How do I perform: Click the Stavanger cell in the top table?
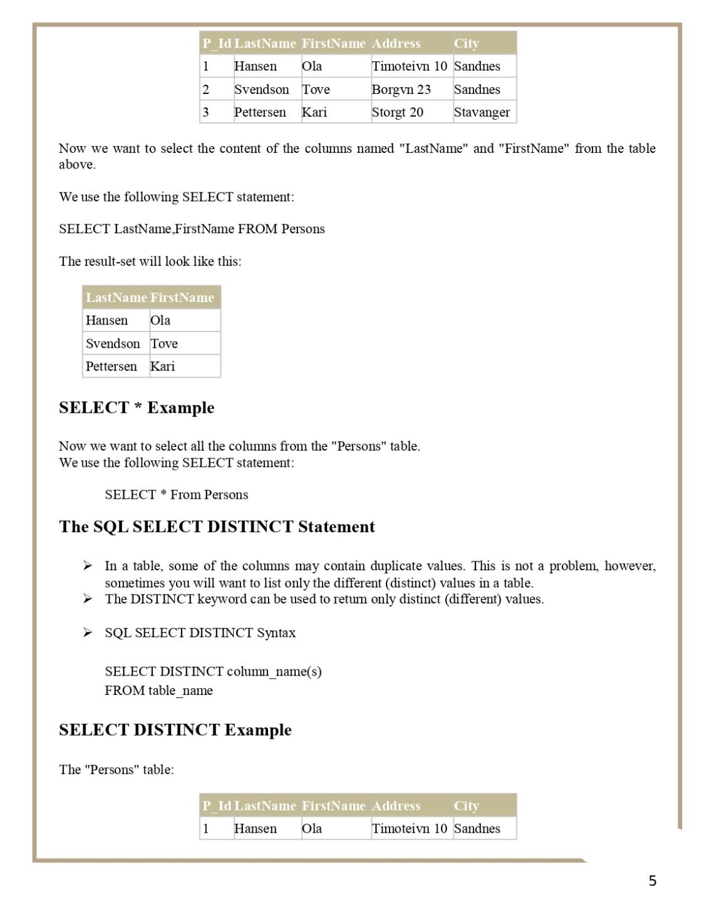482,112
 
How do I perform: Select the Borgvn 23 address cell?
401,90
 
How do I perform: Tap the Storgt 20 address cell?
397,112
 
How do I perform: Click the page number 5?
652,881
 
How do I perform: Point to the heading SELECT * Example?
137,408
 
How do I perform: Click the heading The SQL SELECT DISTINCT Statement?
217,527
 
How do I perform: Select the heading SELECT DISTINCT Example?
175,730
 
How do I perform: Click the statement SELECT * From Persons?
176,495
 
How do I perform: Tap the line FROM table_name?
158,691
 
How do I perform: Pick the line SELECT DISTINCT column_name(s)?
213,672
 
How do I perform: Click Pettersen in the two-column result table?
111,367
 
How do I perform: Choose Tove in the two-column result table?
164,343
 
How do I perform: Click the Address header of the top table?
396,43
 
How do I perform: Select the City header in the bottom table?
466,806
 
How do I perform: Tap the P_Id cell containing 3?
205,112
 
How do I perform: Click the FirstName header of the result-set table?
182,298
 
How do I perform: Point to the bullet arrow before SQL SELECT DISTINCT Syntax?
88,632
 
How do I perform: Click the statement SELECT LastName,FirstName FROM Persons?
192,229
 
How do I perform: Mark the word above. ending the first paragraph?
77,165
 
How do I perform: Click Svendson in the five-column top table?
261,90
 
